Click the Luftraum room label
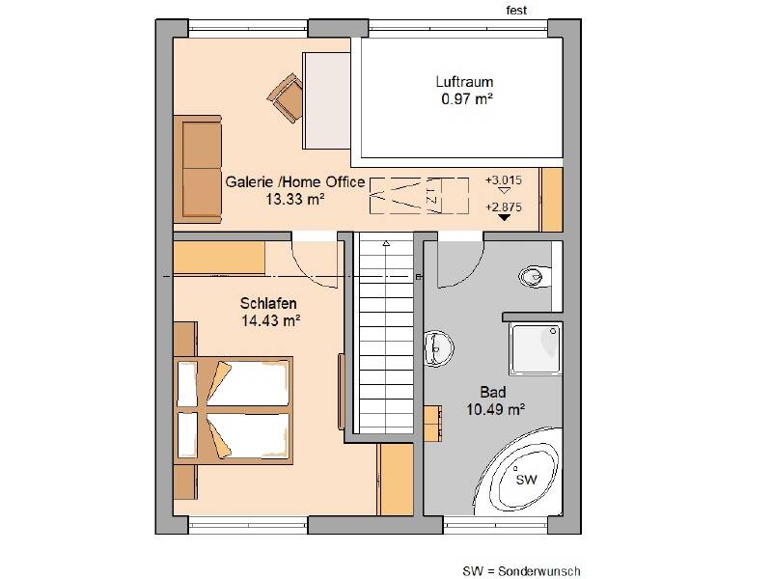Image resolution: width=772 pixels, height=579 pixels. (464, 82)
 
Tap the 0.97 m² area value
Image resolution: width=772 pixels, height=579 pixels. (467, 99)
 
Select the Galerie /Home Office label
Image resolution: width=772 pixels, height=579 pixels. (295, 182)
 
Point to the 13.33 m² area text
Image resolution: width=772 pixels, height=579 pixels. (295, 200)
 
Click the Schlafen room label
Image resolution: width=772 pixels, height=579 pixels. (268, 303)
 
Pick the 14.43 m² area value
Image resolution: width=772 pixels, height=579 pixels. (271, 321)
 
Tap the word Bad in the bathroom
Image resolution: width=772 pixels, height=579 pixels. (493, 393)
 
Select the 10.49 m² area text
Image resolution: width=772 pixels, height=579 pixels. (495, 409)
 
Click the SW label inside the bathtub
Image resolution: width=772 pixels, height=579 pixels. (526, 479)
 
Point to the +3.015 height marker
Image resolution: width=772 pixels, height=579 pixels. (503, 180)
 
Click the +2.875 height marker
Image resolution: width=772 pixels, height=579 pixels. (503, 207)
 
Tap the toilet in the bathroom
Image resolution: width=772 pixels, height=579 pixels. (535, 276)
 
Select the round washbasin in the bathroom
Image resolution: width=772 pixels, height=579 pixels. (438, 347)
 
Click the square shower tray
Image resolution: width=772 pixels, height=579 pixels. (536, 348)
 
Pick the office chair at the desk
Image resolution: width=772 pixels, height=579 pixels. (287, 97)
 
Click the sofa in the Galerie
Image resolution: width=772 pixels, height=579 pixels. (198, 168)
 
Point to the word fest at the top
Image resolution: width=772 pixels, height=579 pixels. (516, 11)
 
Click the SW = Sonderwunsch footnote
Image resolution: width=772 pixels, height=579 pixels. (521, 571)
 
